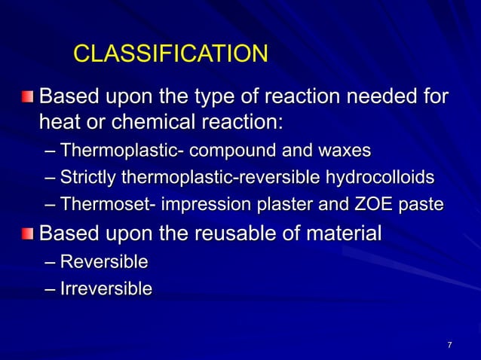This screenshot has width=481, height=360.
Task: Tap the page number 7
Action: [x=449, y=346]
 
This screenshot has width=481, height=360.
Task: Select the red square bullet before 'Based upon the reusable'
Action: [x=27, y=233]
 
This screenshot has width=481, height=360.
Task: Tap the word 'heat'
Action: [x=62, y=121]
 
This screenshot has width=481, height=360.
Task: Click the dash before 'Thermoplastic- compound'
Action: [x=50, y=151]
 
